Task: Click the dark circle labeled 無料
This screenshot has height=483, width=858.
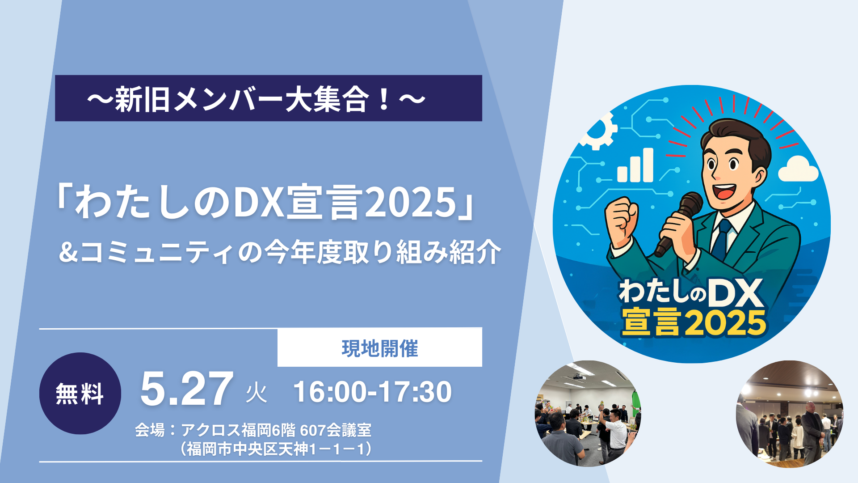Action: pos(80,393)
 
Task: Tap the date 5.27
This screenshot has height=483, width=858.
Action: pos(187,389)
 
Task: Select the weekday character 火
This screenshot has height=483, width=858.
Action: pos(257,393)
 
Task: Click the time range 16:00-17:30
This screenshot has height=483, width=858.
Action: pos(372,392)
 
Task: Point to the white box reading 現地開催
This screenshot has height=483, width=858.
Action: pos(380,347)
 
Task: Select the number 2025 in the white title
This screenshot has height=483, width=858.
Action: pos(411,203)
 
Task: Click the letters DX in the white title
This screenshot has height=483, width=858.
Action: pos(260,203)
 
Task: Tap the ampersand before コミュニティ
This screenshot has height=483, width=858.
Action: pos(68,252)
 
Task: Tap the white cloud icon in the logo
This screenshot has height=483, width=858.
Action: pos(798,169)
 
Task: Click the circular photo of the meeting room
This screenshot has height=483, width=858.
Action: pos(588,413)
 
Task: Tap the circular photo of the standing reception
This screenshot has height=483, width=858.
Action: pos(789,414)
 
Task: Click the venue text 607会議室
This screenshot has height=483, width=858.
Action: pos(335,430)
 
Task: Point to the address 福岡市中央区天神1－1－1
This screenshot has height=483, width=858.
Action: pos(276,449)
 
